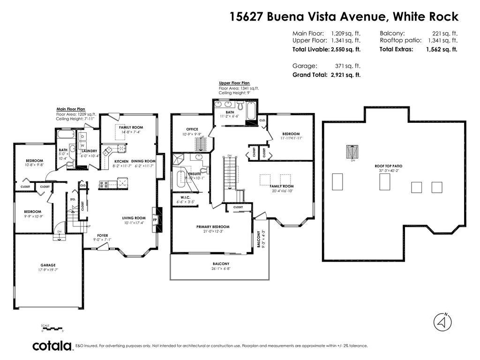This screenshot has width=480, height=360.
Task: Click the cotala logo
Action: (x=52, y=346)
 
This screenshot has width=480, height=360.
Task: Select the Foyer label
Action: (x=103, y=235)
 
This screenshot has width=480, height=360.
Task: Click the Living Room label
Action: (x=135, y=218)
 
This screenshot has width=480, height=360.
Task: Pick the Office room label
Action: (x=192, y=129)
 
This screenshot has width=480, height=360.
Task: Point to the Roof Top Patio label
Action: (x=388, y=166)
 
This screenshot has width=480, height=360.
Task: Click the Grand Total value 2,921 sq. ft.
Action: (x=345, y=75)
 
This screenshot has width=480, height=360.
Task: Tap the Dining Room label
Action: (x=143, y=161)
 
